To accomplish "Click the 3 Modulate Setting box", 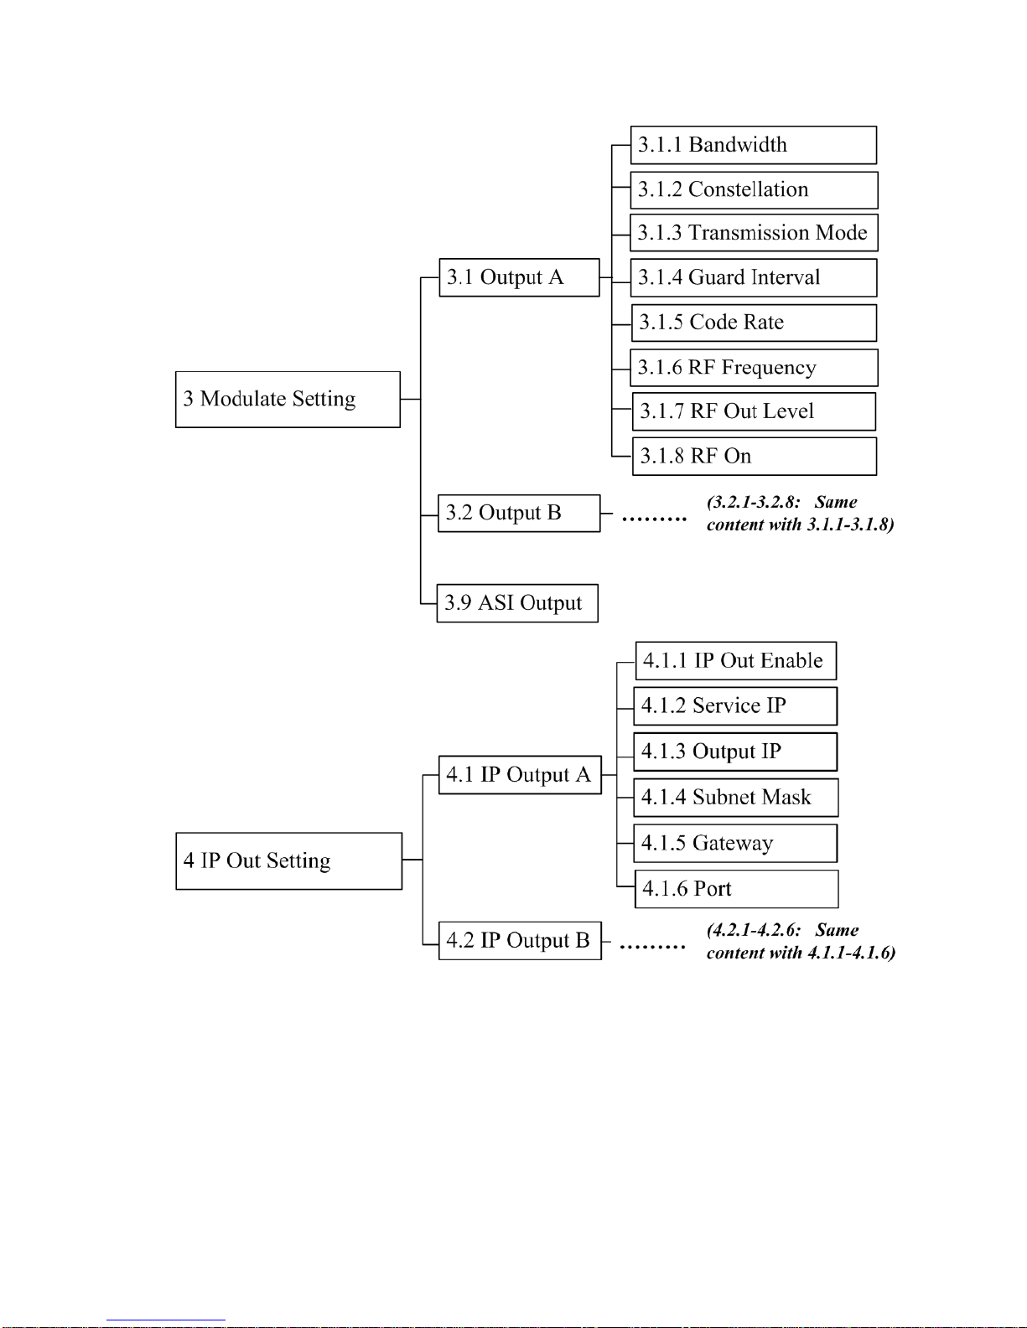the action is (x=288, y=399).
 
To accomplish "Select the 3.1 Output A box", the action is (x=519, y=277).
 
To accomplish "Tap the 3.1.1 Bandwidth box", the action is (x=754, y=145).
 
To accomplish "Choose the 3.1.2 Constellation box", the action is (x=755, y=190).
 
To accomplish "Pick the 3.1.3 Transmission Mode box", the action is (x=755, y=232).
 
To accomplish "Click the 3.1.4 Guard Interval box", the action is (x=754, y=277).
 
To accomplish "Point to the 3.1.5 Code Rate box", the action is (x=755, y=323).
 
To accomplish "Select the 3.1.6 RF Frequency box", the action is (x=755, y=367).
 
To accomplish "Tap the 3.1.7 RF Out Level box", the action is (x=754, y=411).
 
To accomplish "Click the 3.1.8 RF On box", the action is (x=755, y=456).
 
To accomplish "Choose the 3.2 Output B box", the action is (x=519, y=514).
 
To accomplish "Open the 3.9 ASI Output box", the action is (x=517, y=603).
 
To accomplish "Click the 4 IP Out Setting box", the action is (x=289, y=860).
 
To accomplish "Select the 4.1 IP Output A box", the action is (x=521, y=775).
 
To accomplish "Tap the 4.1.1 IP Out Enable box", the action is (x=736, y=660).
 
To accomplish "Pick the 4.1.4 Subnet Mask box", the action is (x=736, y=798).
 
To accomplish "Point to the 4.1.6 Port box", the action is (x=737, y=889).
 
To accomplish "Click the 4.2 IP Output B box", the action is (x=521, y=941).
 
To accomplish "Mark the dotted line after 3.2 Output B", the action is (x=654, y=519).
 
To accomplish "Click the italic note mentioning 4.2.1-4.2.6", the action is (x=801, y=941).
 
